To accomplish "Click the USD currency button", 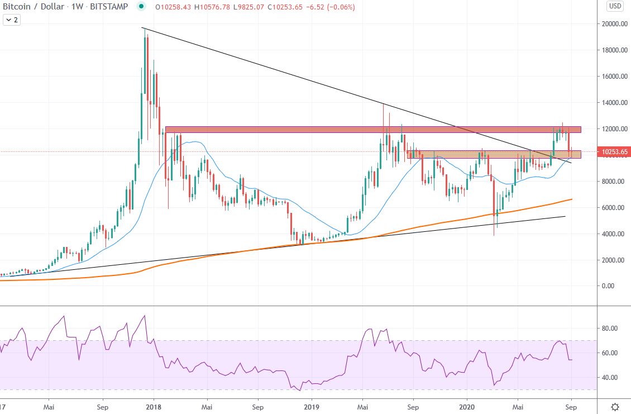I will click(614, 7).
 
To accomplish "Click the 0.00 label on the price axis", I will click(607, 286).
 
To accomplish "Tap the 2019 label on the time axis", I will click(310, 407).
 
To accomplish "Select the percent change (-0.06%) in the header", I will click(338, 7).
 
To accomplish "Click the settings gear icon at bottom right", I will click(614, 407).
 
